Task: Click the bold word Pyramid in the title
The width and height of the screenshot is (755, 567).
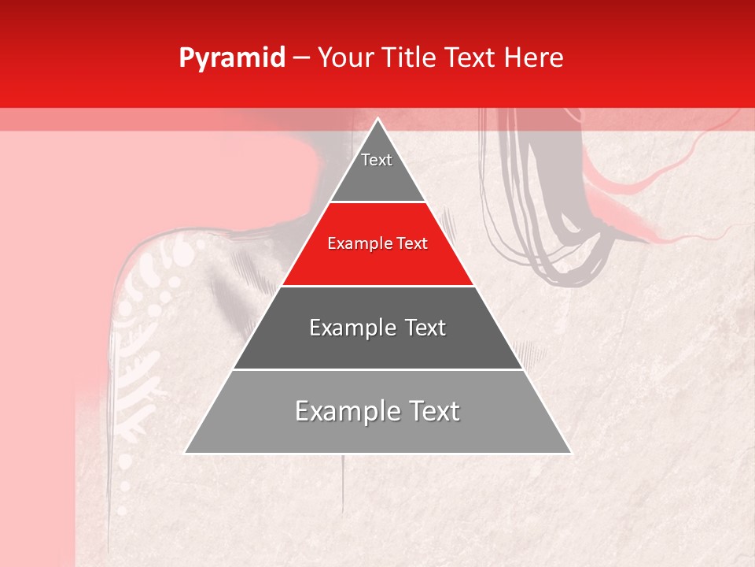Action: tap(231, 58)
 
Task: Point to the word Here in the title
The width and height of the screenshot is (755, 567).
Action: tap(534, 58)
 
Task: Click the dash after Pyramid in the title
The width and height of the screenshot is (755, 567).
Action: tap(301, 58)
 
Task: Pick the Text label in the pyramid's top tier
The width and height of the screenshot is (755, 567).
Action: tap(377, 160)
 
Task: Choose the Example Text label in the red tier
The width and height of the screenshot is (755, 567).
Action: tap(377, 243)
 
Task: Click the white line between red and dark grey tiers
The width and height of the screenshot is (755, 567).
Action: tap(377, 286)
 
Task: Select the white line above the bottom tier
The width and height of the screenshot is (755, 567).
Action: tap(377, 369)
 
